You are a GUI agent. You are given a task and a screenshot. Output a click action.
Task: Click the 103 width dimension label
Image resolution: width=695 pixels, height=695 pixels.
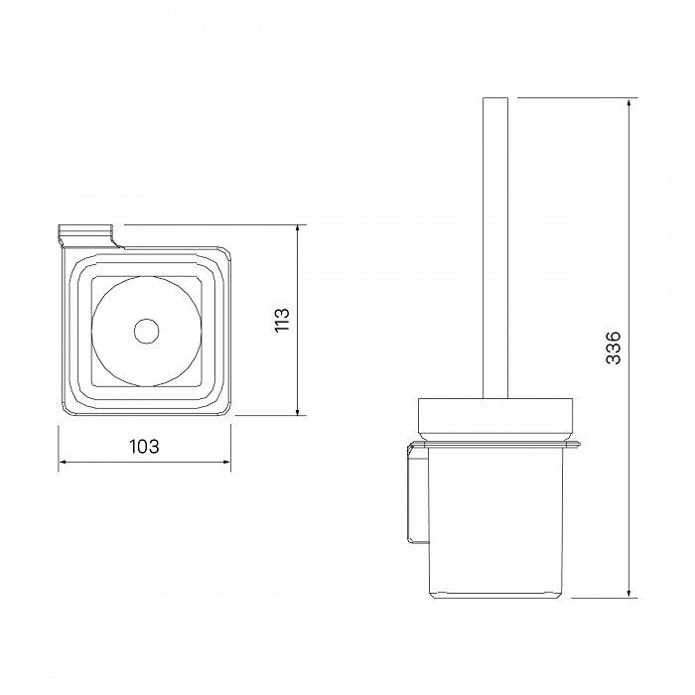(x=144, y=447)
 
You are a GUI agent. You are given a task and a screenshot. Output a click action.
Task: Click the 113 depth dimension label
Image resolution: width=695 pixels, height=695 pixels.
(x=282, y=320)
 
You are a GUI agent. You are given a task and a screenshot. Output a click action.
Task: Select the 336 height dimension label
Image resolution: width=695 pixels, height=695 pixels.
(x=614, y=347)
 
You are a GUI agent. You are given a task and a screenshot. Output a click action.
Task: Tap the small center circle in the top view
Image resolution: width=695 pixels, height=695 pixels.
(x=146, y=331)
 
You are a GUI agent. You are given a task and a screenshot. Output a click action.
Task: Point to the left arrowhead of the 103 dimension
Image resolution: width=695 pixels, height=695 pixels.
(x=63, y=462)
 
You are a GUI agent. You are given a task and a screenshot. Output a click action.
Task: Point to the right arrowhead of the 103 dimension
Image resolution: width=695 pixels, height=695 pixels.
(x=226, y=462)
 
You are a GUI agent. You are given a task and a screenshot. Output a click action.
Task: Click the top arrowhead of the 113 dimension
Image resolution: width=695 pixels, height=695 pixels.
(x=298, y=229)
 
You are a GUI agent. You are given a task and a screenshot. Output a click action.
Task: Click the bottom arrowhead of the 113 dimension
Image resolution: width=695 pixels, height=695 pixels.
(x=298, y=411)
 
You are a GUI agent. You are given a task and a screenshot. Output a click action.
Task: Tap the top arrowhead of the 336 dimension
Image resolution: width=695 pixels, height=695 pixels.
(x=628, y=102)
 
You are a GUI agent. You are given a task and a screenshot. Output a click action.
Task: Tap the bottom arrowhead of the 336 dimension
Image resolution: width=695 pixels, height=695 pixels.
(x=628, y=593)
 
